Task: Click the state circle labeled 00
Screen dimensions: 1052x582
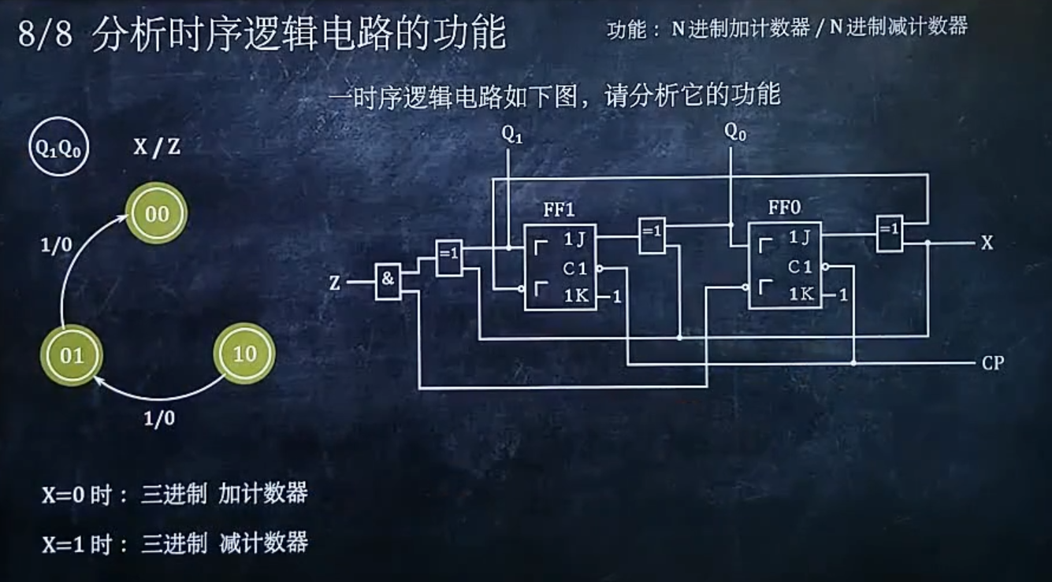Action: tap(157, 213)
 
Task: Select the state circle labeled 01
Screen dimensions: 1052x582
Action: tap(72, 355)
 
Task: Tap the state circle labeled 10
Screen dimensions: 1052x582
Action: tap(244, 354)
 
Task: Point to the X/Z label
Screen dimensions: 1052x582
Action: tap(156, 146)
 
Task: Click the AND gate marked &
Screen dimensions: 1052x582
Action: tap(388, 280)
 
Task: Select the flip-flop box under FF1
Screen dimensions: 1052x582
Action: tap(560, 267)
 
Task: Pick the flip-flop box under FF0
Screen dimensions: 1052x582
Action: tap(784, 265)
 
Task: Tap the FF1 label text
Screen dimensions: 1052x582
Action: tap(559, 209)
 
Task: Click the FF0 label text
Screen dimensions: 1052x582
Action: tap(784, 208)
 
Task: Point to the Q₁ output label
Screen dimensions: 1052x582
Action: tap(512, 135)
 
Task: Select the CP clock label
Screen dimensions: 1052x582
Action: tap(993, 363)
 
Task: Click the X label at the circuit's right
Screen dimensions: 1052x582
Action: tap(987, 243)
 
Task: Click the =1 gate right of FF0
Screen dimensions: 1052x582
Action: tap(890, 233)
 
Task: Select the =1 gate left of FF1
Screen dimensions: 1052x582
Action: tap(449, 258)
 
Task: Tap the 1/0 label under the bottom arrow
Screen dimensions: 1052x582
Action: tap(159, 418)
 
